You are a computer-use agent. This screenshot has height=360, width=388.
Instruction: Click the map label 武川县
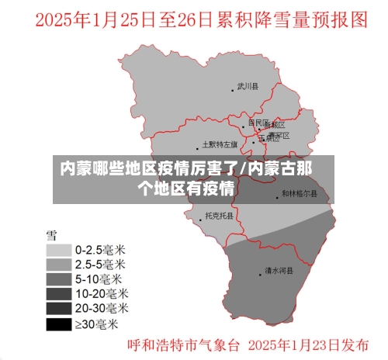(x=248, y=86)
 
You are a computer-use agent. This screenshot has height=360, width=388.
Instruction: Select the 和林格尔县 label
(x=299, y=192)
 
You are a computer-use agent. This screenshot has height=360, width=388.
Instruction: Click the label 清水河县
(x=278, y=272)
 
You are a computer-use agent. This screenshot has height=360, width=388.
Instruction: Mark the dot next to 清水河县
(x=259, y=272)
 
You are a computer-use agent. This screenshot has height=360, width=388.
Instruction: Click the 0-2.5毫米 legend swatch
(x=57, y=251)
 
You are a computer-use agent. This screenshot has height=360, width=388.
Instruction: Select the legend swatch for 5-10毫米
(x=57, y=279)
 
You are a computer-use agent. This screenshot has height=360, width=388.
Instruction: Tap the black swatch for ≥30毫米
(x=57, y=323)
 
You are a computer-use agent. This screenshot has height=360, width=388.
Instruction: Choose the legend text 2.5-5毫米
(x=99, y=265)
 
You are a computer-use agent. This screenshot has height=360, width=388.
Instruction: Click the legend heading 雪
(x=52, y=234)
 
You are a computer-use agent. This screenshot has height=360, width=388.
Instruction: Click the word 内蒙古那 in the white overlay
(x=282, y=168)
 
